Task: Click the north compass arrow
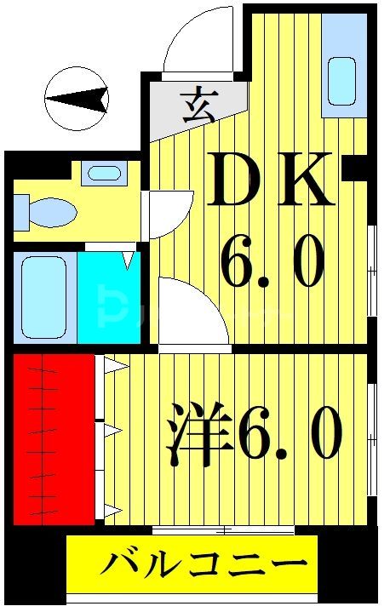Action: click(x=77, y=100)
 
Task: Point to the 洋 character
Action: click(x=198, y=433)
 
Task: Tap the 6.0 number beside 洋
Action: click(x=290, y=433)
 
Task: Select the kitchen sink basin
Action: click(x=343, y=82)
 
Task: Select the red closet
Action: click(x=53, y=438)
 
